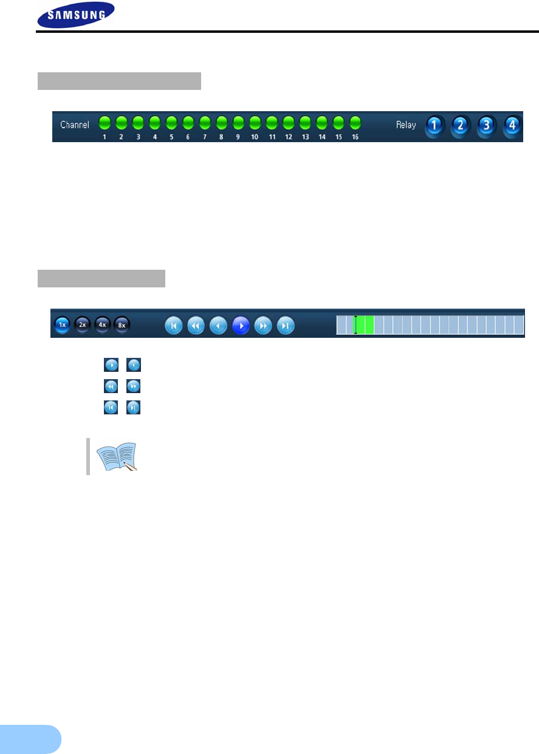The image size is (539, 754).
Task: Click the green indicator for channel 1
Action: click(x=105, y=122)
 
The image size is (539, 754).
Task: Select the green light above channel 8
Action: click(x=221, y=122)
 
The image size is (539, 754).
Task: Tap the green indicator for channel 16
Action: click(x=355, y=122)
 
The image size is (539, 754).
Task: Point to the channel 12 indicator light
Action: click(x=288, y=122)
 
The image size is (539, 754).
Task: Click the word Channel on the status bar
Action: click(x=75, y=125)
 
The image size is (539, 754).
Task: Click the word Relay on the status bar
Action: click(x=406, y=125)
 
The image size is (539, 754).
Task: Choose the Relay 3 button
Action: click(x=486, y=126)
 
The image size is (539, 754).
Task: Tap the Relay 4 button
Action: click(x=513, y=126)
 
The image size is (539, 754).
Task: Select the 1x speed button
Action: click(x=61, y=324)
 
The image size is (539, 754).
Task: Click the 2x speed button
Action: click(x=82, y=324)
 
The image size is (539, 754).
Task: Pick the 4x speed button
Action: click(x=102, y=324)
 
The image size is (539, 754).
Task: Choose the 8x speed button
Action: click(x=122, y=324)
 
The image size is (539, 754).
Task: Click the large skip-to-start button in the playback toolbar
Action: click(x=174, y=326)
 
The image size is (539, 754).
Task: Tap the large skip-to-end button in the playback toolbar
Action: click(x=286, y=326)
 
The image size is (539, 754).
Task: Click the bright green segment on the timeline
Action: click(x=365, y=325)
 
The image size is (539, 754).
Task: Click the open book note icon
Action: click(x=117, y=456)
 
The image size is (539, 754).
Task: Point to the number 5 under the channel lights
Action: click(x=171, y=137)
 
